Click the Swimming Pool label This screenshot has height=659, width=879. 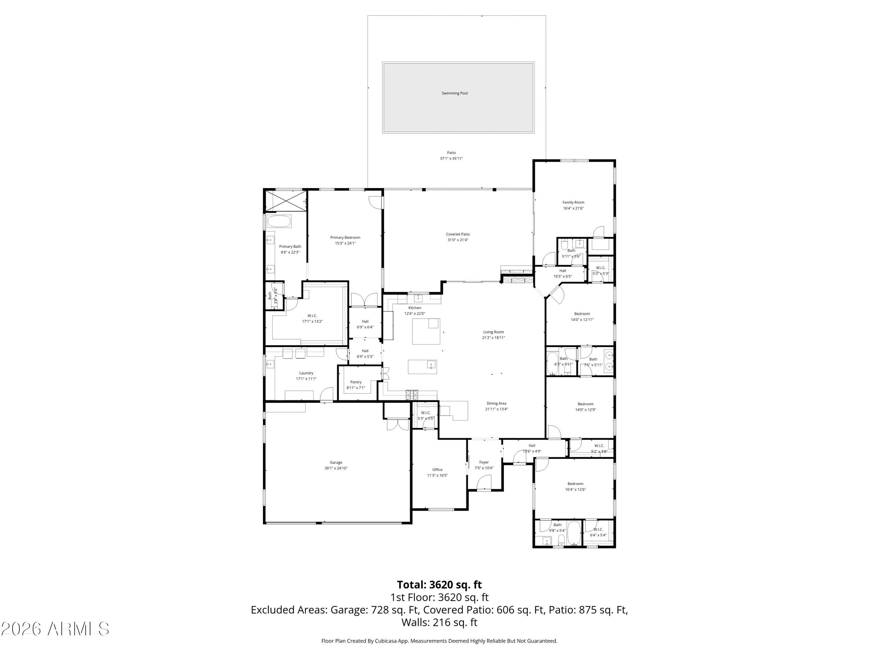point(455,93)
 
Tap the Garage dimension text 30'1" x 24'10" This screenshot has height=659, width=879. point(336,468)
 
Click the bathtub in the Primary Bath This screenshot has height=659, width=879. point(279,221)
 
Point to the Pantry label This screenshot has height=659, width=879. point(356,382)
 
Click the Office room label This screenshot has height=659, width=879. point(437,470)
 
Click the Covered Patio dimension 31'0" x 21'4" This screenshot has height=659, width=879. point(458,240)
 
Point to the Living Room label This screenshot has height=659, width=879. point(493,332)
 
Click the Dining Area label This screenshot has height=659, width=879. point(496,404)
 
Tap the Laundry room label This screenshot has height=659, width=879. point(306,373)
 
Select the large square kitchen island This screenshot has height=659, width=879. point(426,331)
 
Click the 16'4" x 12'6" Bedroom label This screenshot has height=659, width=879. point(575,484)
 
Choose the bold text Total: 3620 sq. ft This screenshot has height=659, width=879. point(439,585)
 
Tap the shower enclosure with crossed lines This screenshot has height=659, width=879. point(286,201)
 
